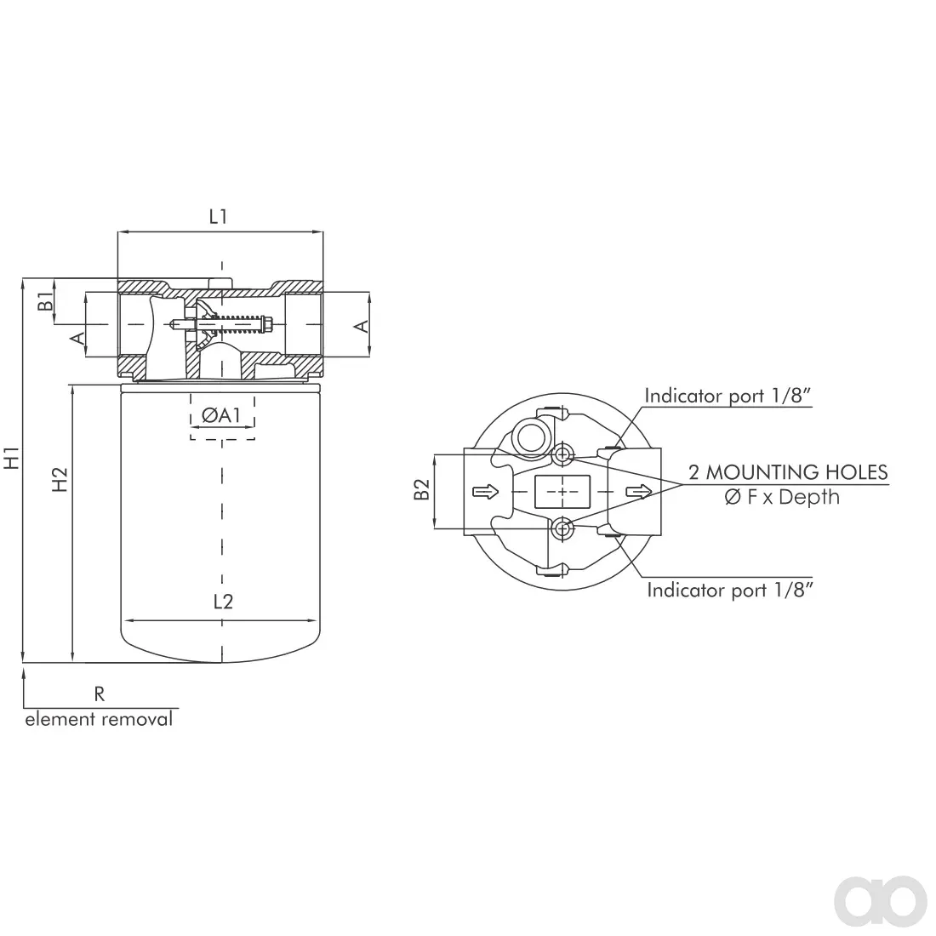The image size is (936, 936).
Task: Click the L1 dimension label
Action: coord(218,217)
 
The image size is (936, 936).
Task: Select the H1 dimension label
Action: coord(13,458)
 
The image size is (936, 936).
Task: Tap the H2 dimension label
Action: coord(60,479)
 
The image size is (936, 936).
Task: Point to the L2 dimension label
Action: coord(223,602)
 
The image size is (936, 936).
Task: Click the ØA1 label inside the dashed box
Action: coord(221,415)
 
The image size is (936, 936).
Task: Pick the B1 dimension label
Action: coord(45,301)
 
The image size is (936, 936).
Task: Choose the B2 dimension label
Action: coord(422,489)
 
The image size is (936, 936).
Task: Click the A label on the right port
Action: coord(361,326)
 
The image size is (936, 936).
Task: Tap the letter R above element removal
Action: coord(100,694)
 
